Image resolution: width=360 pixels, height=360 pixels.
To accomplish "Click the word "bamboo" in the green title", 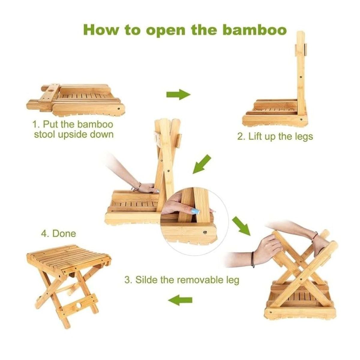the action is [x=255, y=30].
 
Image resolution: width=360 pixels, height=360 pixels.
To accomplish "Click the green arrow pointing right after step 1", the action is [x=178, y=94].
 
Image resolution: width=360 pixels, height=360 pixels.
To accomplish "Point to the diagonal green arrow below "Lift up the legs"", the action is [x=202, y=164].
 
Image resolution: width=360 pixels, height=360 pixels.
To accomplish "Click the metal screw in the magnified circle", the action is [x=205, y=232].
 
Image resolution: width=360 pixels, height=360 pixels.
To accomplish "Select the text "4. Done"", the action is [x=58, y=234].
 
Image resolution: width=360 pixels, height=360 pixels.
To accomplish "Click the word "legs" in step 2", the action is [x=304, y=136].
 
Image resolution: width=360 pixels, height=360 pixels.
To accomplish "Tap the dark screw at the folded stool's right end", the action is [x=118, y=108].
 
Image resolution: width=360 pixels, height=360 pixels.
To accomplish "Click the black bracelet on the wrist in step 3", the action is [x=253, y=259].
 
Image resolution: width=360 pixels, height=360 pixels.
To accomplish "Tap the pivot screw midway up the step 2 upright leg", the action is [x=301, y=77].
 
